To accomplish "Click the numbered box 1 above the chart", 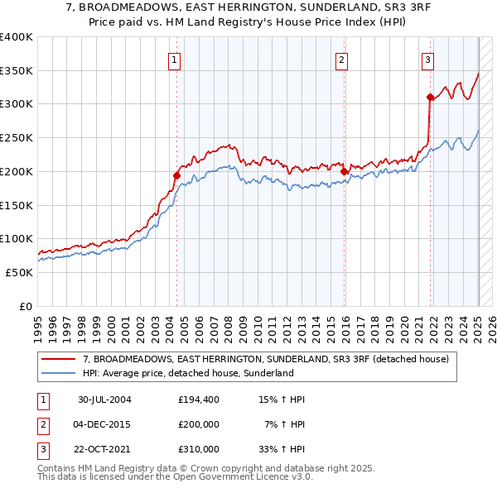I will pos(176,59).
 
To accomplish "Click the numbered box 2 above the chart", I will pos(341,59).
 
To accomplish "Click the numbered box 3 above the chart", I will pos(427,59).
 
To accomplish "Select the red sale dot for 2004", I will pos(176,175).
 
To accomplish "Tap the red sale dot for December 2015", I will pos(344,172).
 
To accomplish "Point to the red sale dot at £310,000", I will pos(430,98).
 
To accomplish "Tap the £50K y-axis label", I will pos(20,272).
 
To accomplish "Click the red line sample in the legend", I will pos(60,359).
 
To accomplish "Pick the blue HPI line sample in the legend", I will pos(60,373).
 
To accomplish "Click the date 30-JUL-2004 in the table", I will pos(105,399).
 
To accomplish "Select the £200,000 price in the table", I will pos(199,424).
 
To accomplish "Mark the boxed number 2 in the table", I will pos(42,424).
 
